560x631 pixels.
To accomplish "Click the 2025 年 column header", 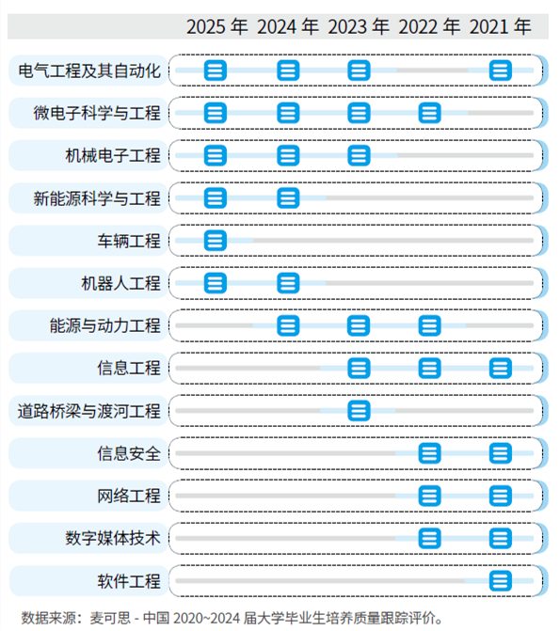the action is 217,27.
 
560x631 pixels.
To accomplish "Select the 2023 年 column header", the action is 359,27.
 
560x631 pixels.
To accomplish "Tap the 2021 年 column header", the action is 501,27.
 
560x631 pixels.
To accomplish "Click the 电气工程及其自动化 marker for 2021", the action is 501,71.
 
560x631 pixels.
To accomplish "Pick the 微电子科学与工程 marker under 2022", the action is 429,113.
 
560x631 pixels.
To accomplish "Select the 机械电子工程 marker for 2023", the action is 359,155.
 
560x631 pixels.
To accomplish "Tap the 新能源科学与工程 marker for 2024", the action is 288,198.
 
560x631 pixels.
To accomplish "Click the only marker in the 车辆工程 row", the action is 216,241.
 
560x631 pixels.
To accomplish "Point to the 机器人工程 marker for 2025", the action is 216,283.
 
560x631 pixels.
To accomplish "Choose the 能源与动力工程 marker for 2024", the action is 288,325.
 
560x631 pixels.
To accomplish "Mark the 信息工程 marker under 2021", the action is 501,369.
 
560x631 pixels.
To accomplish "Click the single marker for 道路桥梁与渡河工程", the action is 359,411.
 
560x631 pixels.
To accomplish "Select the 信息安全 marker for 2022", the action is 429,453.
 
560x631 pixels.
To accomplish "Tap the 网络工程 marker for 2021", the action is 501,496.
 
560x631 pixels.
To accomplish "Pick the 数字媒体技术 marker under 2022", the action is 429,539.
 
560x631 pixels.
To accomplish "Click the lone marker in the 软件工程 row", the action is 501,581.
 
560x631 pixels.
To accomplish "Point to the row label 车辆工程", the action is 129,241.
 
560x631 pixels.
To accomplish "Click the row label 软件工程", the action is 129,581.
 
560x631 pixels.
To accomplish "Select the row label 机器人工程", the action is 120,283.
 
